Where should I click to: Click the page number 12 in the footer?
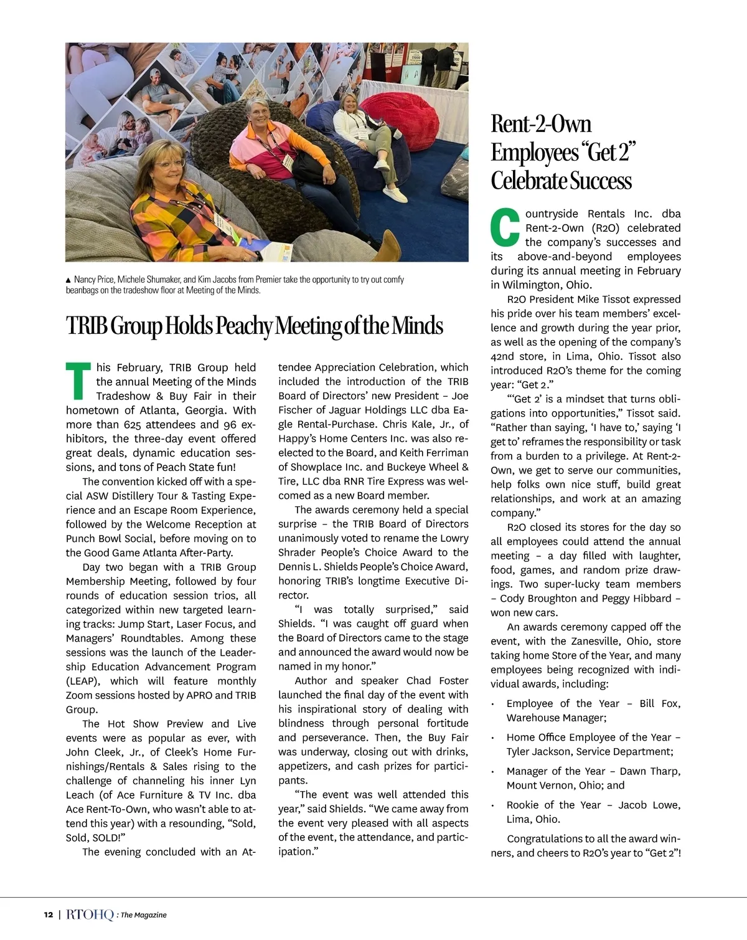click(49, 914)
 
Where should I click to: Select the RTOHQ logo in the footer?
click(90, 914)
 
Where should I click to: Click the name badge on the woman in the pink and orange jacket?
click(288, 162)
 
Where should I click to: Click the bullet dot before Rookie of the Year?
click(493, 805)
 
